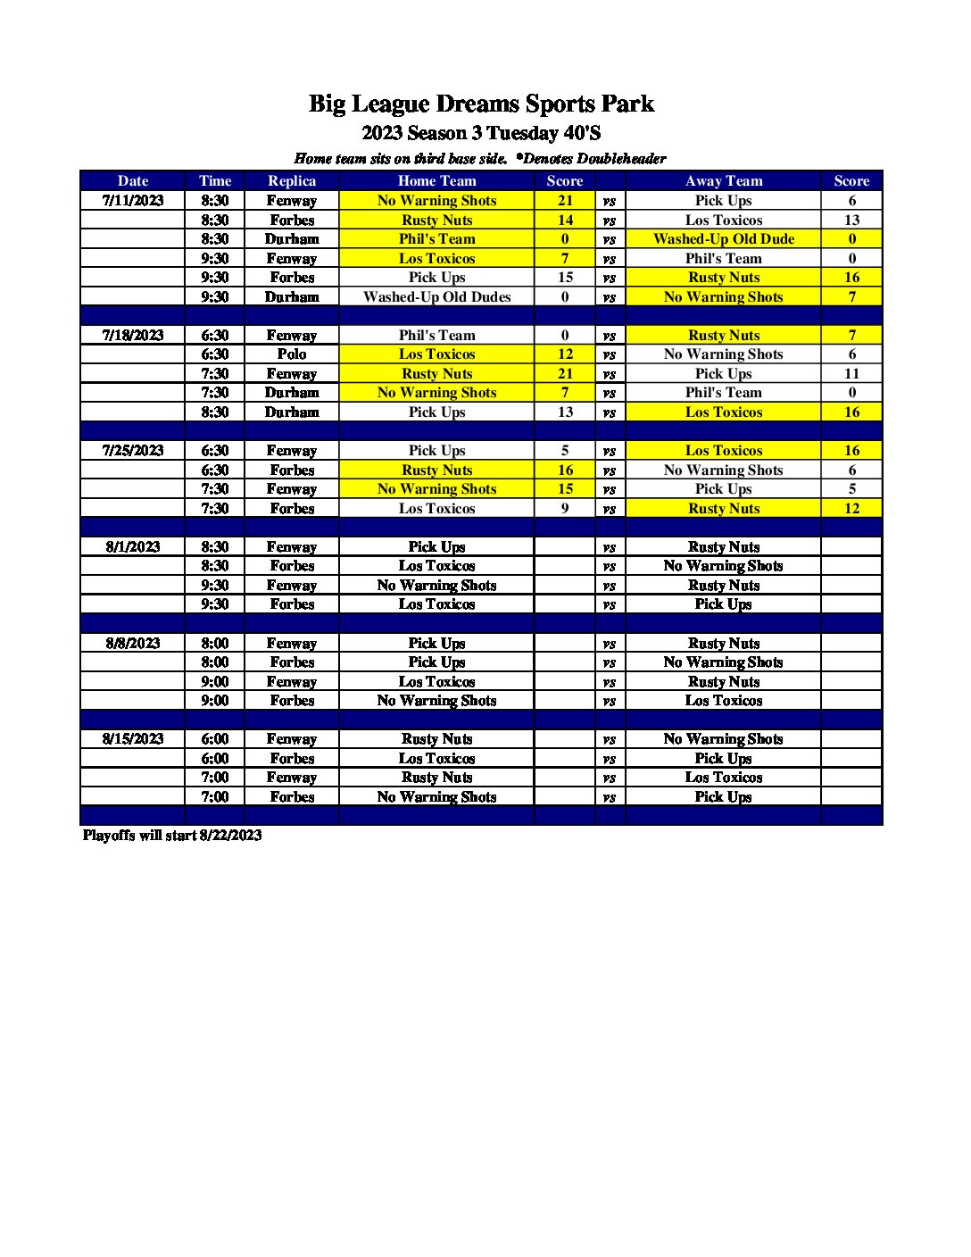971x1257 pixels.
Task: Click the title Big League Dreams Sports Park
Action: coord(481,104)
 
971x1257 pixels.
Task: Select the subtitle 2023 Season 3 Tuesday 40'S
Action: coord(481,134)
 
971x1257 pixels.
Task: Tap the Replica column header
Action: coord(292,181)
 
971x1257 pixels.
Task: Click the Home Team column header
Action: coord(436,181)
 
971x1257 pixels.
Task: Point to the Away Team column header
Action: coord(723,181)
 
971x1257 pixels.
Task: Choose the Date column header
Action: coord(133,181)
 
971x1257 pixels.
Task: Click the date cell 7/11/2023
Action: coord(133,201)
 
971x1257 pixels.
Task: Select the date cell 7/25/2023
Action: coord(133,451)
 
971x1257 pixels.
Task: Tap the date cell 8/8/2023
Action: coord(133,644)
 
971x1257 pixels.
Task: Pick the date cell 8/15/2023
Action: coord(133,739)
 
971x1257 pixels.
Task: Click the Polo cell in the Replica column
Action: coord(292,354)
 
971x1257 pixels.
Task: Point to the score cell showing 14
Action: coord(565,221)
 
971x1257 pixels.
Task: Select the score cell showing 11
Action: coord(851,374)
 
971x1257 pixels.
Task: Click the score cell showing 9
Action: coord(565,509)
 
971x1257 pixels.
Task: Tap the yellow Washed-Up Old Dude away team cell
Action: coord(723,239)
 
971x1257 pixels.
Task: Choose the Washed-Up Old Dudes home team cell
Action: coord(436,297)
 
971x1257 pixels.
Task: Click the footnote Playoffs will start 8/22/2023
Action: coord(172,836)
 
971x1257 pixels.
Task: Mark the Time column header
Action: coord(215,181)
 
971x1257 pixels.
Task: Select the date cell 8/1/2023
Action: coord(133,547)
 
